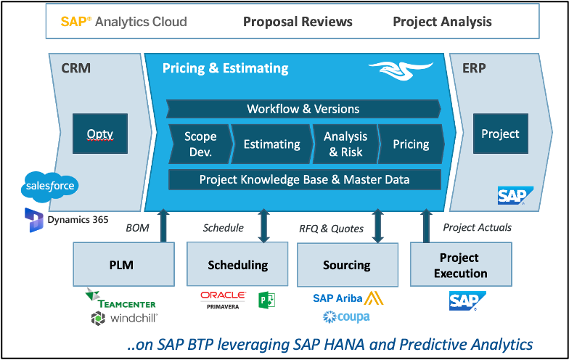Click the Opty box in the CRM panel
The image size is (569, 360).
[100, 134]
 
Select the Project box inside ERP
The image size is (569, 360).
[500, 134]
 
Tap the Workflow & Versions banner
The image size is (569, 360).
[303, 109]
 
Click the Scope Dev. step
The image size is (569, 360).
[200, 144]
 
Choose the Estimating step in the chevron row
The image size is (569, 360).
[271, 144]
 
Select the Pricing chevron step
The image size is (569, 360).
[411, 144]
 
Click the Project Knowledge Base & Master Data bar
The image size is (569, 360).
[304, 179]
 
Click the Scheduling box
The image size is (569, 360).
[237, 264]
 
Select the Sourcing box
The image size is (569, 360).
[347, 264]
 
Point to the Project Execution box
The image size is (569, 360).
[460, 265]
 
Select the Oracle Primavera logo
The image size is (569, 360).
[223, 299]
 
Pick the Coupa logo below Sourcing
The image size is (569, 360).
[347, 317]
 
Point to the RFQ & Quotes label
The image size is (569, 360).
[331, 228]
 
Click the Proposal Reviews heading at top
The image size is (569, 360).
[298, 21]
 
